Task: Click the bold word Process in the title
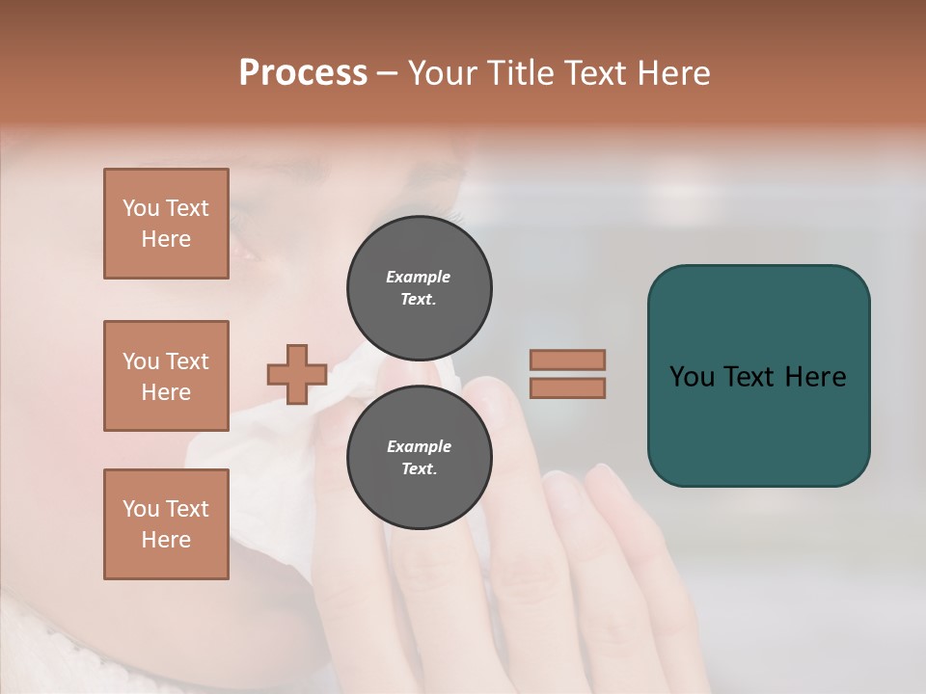[x=303, y=73]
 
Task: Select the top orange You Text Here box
[x=166, y=224]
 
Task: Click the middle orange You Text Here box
[x=166, y=376]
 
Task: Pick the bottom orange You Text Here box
[x=166, y=524]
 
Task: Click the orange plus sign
[x=296, y=374]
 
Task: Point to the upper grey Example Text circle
[x=419, y=287]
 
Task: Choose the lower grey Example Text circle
[x=419, y=458]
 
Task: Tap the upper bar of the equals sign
[x=567, y=360]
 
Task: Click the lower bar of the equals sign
[x=567, y=387]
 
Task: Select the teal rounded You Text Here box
[x=758, y=376]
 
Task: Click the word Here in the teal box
[x=815, y=377]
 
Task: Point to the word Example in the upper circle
[x=419, y=277]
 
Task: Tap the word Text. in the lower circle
[x=419, y=469]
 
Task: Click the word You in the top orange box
[x=141, y=208]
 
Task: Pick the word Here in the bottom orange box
[x=166, y=540]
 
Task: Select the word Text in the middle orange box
[x=187, y=361]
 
